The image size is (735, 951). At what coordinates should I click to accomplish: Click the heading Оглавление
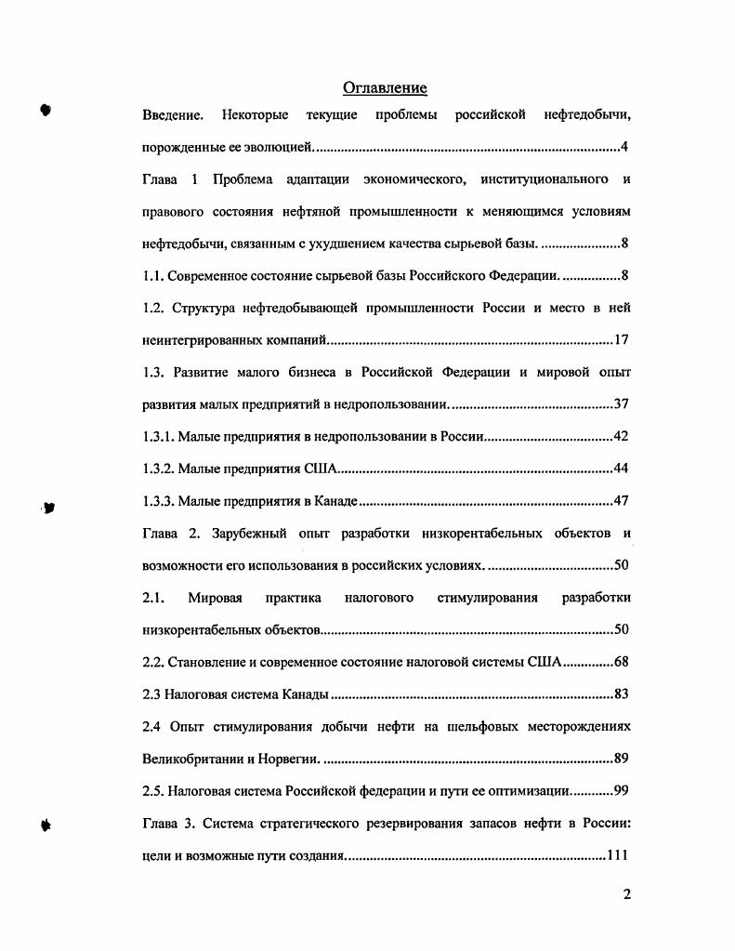385,88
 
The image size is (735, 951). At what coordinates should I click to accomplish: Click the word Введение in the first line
173,115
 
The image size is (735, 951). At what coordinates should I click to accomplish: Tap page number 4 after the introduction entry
625,148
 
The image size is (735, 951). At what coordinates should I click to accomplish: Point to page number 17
622,340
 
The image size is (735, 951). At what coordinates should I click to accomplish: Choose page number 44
622,469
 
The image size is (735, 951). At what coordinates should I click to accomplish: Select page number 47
622,501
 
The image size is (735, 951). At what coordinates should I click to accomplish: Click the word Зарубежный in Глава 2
247,534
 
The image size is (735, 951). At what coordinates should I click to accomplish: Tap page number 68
622,662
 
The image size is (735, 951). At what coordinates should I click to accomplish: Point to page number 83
622,694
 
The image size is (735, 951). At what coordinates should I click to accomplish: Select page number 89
622,759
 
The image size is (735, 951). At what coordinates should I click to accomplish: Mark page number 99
622,790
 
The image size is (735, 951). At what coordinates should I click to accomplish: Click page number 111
618,854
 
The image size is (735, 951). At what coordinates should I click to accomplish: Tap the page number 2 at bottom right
627,895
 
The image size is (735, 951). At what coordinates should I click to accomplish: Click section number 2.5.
153,790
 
